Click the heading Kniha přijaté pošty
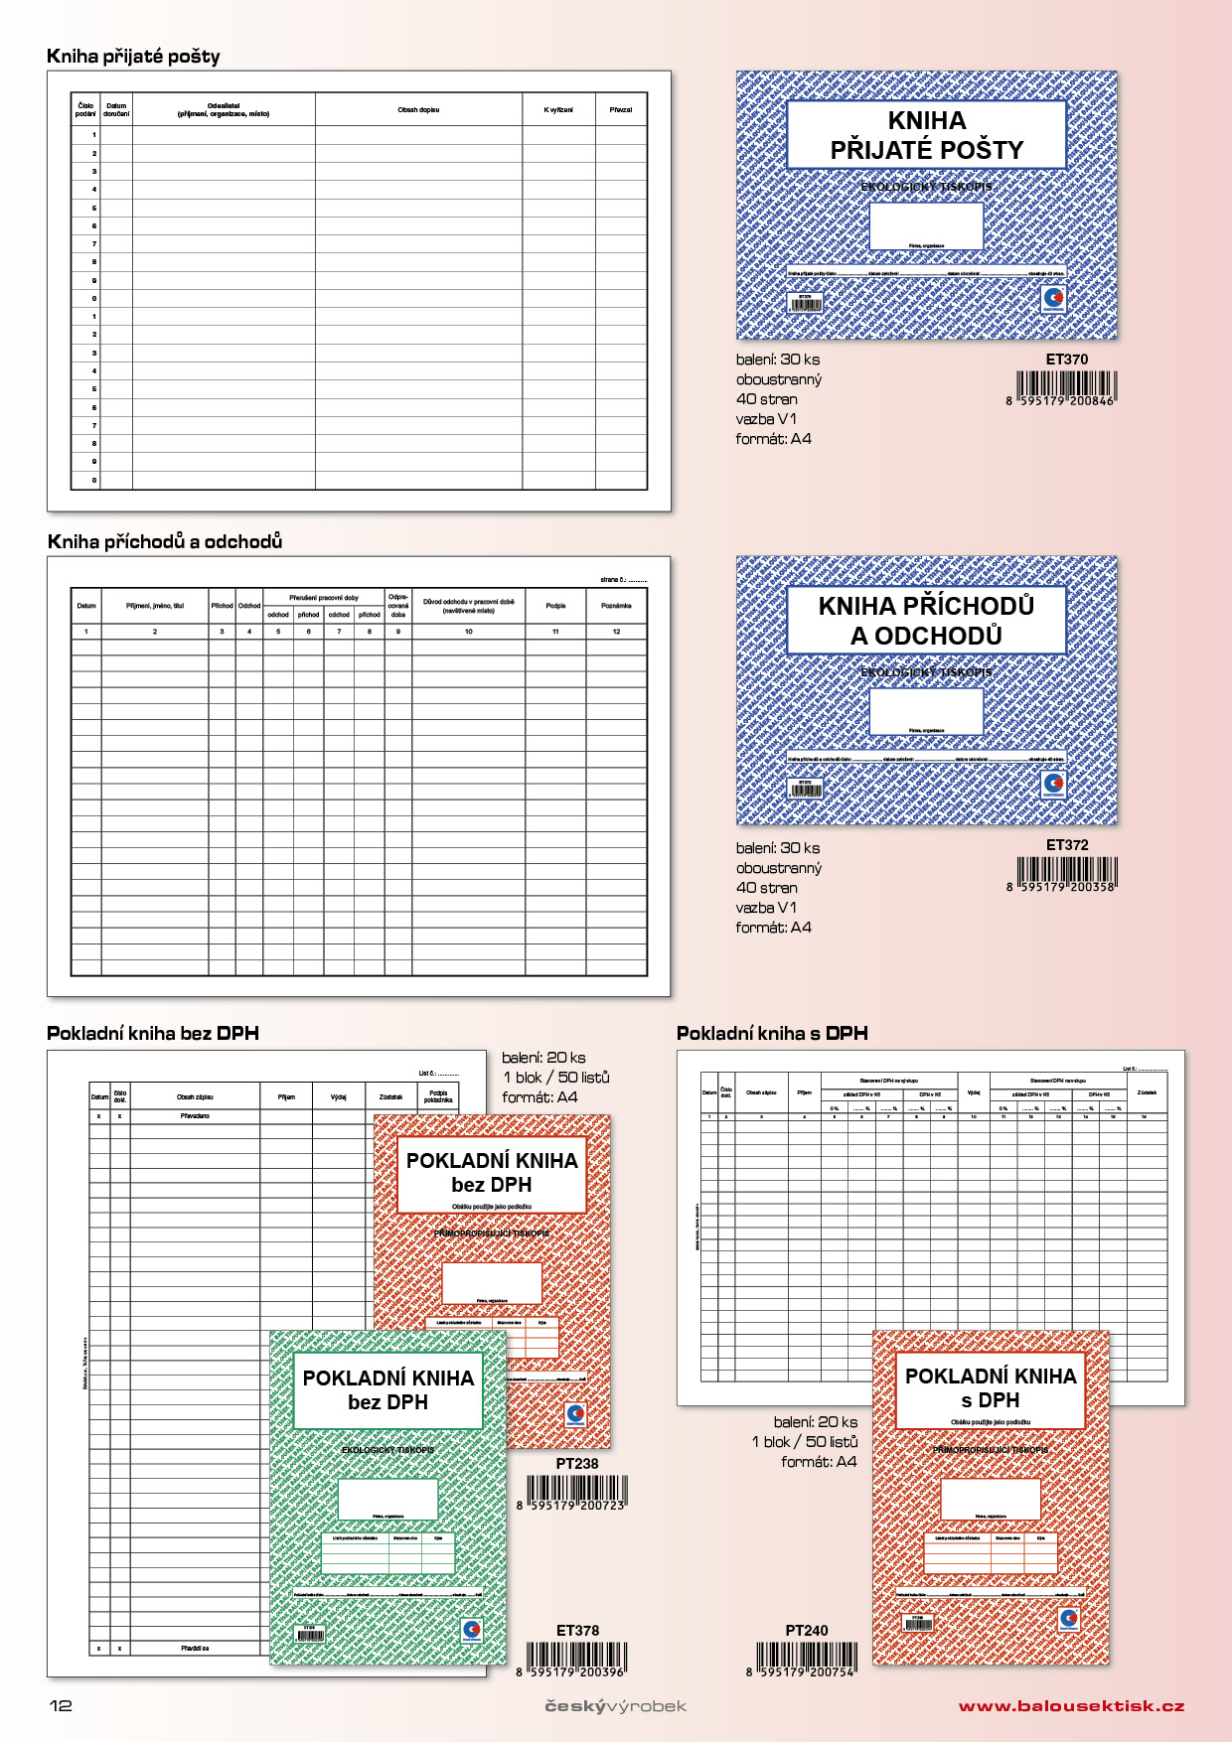point(133,57)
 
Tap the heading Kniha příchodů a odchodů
point(165,541)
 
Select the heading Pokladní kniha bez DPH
point(153,1033)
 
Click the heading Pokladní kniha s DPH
point(772,1033)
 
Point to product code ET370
point(1066,360)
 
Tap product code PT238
point(577,1463)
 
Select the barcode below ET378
point(576,1659)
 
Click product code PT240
point(806,1630)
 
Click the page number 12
point(61,1705)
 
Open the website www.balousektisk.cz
point(1071,1706)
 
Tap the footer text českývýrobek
point(615,1706)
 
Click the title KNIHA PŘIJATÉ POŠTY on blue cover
point(926,135)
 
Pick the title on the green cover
point(387,1389)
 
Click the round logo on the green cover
point(472,1630)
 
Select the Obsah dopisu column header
point(418,110)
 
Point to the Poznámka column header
point(616,606)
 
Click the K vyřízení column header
point(558,110)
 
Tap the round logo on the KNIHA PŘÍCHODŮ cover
point(1054,784)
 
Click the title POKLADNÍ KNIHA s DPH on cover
point(990,1387)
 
